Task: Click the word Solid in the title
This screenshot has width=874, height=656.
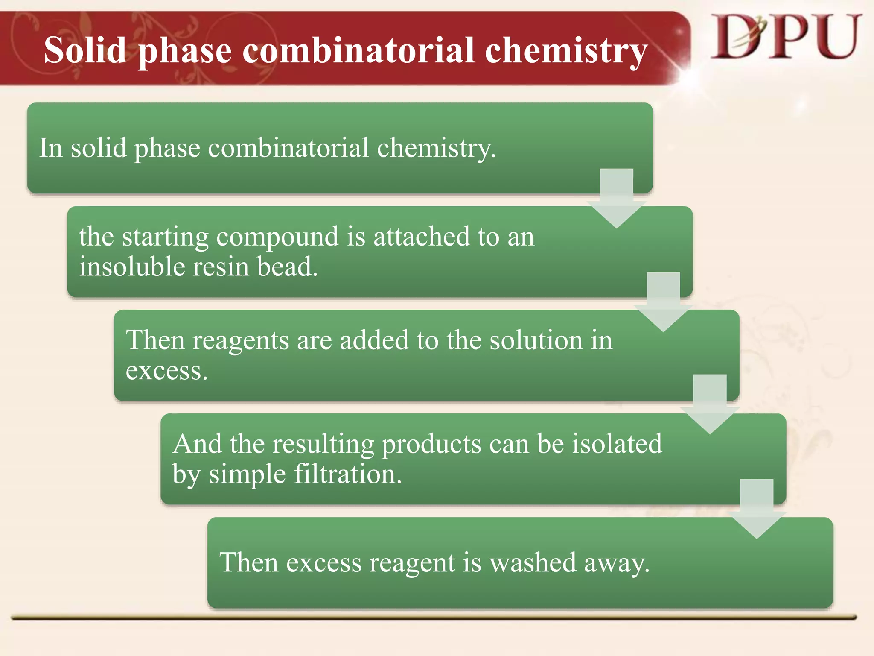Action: tap(85, 50)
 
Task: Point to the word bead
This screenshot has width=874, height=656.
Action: tap(287, 266)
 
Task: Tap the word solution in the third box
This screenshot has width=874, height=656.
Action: tap(536, 340)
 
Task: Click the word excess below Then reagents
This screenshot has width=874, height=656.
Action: tap(166, 371)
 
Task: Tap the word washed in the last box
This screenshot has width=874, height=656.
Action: tap(533, 562)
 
